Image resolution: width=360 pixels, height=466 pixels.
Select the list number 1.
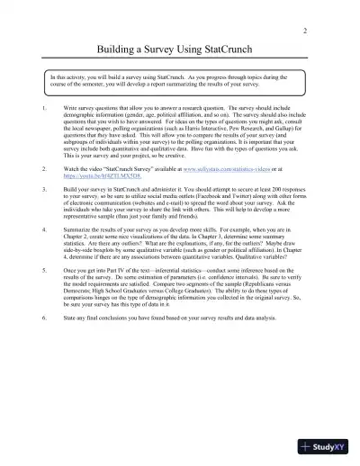pos(45,104)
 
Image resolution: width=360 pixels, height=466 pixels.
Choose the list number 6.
pos(45,342)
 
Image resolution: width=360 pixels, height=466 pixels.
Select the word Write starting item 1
pos(70,104)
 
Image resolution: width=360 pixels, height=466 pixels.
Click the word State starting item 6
pos(69,342)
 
